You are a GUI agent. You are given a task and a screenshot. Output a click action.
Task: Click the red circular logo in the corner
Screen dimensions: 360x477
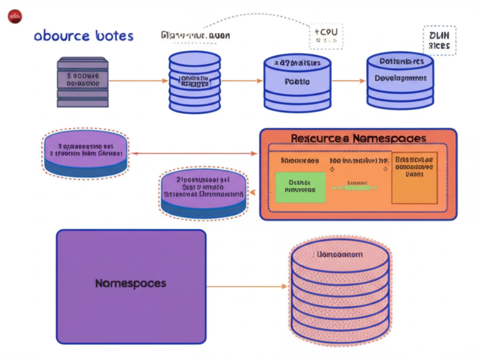coord(15,17)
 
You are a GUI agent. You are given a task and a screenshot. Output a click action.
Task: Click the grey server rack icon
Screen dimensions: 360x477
coord(83,82)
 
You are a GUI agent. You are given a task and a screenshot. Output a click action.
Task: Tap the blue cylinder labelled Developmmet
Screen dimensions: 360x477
coord(400,79)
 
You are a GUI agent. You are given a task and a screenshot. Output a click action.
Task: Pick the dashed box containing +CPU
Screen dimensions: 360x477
coord(326,36)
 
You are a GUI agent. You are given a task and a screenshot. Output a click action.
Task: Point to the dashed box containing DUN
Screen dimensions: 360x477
coord(439,41)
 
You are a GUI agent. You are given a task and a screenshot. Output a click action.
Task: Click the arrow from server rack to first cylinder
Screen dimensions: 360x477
coord(137,81)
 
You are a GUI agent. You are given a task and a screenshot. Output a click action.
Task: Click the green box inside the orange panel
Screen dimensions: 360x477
coord(300,187)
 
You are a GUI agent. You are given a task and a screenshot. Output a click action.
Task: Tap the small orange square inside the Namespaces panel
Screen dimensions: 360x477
coord(414,177)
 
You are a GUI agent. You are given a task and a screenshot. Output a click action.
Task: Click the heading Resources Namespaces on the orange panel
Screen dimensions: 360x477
coord(358,138)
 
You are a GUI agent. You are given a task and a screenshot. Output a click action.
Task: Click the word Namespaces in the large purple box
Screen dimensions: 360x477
coord(130,283)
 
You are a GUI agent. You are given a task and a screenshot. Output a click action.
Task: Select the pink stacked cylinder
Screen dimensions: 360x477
coord(340,293)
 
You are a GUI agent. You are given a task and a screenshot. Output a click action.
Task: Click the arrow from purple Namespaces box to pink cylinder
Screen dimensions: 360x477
coord(247,286)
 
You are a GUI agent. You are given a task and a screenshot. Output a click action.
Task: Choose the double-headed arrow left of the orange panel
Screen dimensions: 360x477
coord(194,153)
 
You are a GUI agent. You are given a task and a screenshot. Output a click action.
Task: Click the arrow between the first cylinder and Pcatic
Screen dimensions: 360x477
coord(241,81)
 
